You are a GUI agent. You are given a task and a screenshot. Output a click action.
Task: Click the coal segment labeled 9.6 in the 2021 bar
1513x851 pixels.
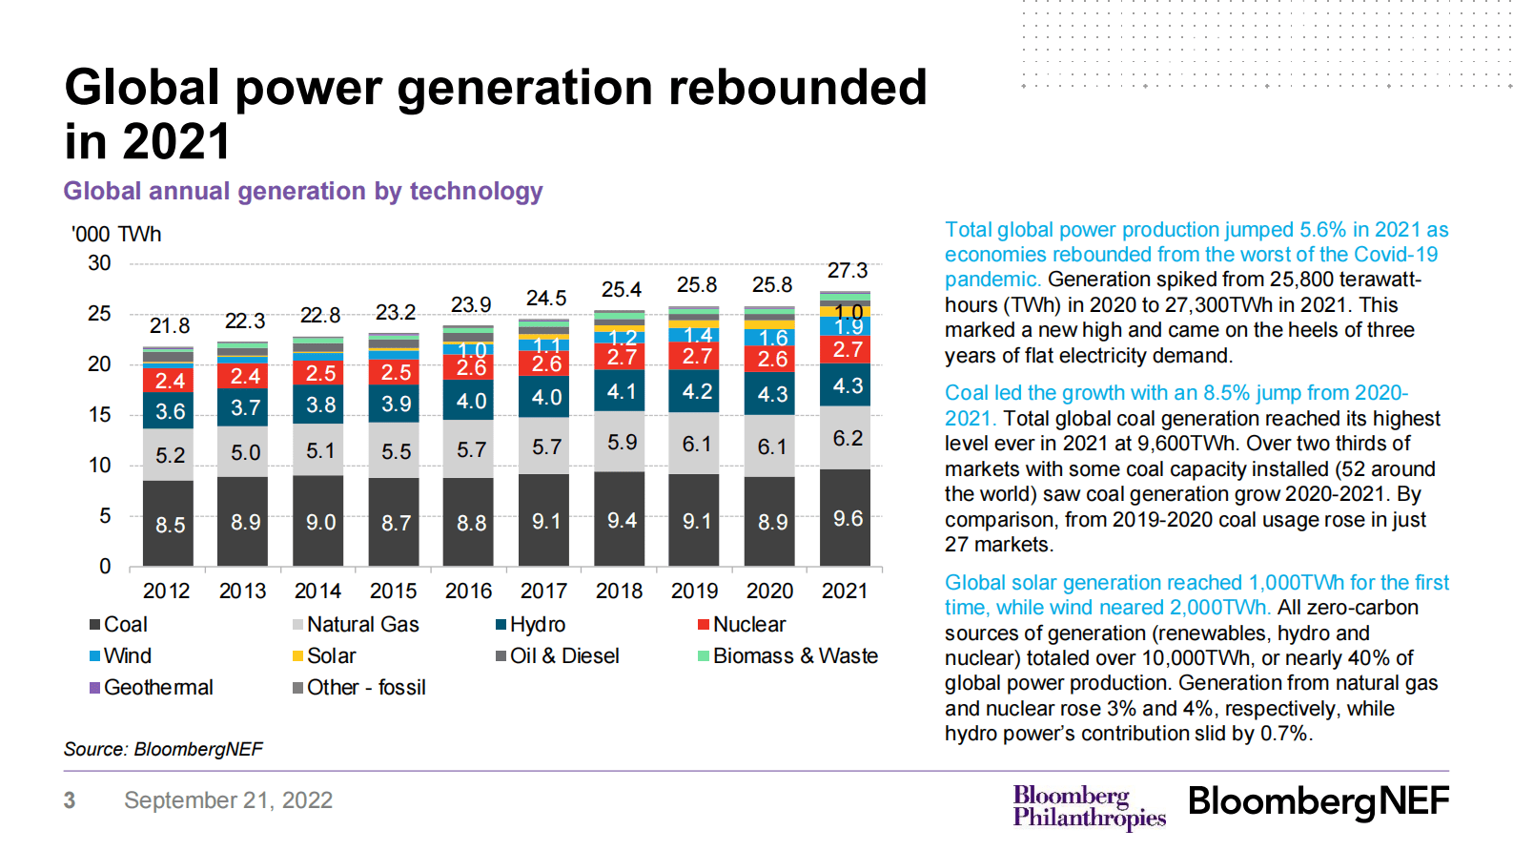[x=846, y=518]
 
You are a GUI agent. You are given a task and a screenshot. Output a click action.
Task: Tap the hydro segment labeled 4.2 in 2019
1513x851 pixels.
[x=696, y=391]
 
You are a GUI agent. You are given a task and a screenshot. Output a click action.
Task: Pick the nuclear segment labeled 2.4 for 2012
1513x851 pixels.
[x=169, y=381]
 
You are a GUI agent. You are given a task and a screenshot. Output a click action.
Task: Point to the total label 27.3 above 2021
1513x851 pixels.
[x=847, y=271]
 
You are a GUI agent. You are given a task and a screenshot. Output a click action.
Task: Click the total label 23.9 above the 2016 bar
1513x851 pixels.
[x=470, y=304]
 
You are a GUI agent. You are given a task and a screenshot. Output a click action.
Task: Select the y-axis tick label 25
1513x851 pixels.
[x=99, y=313]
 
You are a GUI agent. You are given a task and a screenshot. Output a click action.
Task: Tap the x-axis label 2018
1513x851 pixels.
[x=619, y=591]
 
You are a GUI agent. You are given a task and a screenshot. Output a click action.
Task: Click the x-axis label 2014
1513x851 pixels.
[x=317, y=591]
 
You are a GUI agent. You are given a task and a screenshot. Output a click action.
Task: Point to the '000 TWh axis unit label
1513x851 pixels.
[x=116, y=235]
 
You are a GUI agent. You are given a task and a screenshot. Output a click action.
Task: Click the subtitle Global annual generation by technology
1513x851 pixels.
[x=303, y=191]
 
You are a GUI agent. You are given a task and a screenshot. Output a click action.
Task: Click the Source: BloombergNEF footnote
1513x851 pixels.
[x=163, y=749]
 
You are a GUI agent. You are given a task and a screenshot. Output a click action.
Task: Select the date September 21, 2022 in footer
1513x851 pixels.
[x=228, y=799]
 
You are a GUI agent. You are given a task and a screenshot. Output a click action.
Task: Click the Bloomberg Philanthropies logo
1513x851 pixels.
[x=1089, y=806]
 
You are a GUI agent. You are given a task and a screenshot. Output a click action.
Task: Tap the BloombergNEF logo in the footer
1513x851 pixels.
[x=1318, y=801]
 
